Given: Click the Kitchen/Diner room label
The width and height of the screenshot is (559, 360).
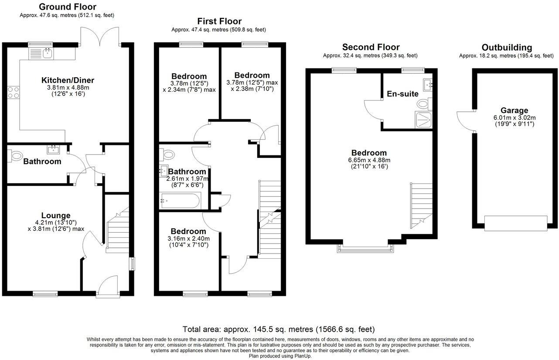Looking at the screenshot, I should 68,80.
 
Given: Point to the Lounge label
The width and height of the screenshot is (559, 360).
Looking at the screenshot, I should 56,216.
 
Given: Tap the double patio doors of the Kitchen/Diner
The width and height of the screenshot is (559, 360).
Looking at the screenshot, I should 100,37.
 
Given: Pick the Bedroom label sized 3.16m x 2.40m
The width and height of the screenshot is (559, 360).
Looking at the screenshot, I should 188,231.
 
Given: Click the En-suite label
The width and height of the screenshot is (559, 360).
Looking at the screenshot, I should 402,94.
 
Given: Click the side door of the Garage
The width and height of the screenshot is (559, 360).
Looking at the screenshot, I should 465,120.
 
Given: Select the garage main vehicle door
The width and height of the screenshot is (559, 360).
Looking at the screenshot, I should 515,223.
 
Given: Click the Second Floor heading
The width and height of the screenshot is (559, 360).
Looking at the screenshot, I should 371,47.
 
